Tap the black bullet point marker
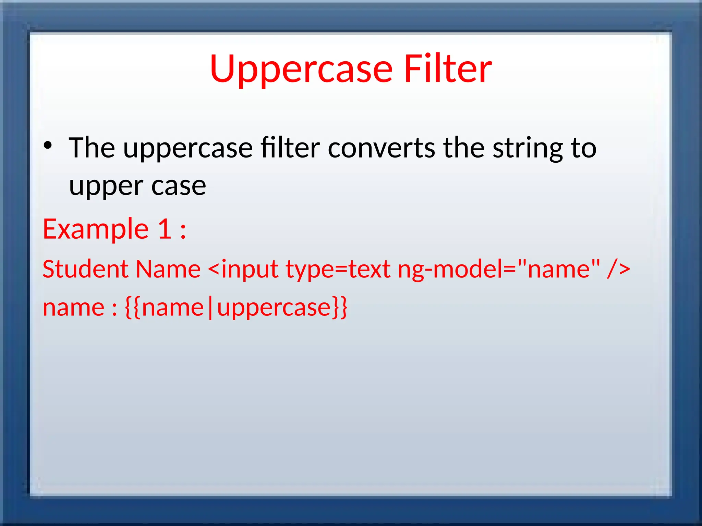(48, 145)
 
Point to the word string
(528, 149)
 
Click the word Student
(85, 269)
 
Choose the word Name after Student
(168, 269)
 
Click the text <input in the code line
(243, 270)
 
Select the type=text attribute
(338, 270)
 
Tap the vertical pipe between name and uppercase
(210, 308)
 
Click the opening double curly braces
(133, 308)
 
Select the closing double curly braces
(339, 308)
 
